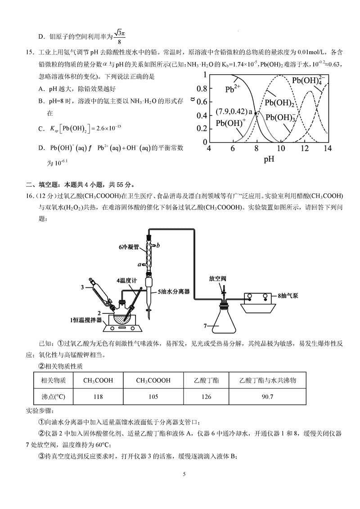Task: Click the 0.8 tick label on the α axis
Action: point(201,88)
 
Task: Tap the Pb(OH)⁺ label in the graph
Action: point(231,123)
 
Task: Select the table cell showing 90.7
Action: point(268,397)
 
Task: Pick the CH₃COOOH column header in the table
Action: point(153,380)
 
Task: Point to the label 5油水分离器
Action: point(173,291)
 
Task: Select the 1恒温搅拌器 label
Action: point(86,320)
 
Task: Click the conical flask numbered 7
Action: point(224,321)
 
